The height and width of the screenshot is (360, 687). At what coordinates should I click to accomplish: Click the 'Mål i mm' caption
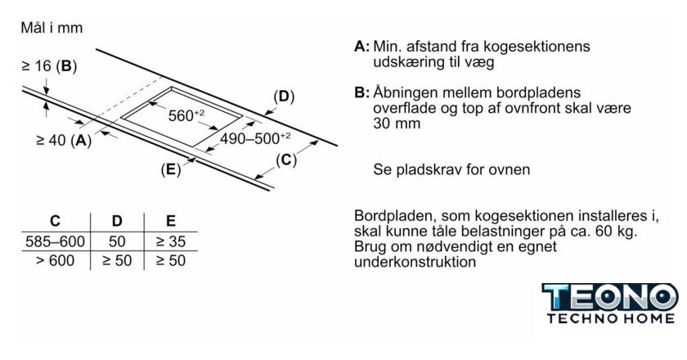[51, 28]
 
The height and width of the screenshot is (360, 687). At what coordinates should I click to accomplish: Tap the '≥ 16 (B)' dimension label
[49, 66]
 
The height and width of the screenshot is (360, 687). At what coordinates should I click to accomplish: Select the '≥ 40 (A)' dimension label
[64, 140]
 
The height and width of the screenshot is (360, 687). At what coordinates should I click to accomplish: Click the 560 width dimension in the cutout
[184, 115]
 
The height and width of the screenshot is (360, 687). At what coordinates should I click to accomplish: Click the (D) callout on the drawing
[283, 97]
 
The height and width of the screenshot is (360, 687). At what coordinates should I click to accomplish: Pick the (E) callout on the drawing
[171, 169]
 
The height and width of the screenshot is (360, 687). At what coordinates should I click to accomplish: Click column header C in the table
[55, 221]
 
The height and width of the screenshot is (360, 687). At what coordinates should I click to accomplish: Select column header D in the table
[116, 221]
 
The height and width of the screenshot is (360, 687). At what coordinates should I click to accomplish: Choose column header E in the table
[170, 221]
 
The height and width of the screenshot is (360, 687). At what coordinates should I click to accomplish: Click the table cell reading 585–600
[55, 241]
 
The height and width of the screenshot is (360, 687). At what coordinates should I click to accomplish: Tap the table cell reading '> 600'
[55, 260]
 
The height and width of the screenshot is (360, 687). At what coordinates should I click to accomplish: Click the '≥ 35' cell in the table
[170, 241]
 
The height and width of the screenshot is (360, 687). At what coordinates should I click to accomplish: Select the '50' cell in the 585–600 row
[116, 241]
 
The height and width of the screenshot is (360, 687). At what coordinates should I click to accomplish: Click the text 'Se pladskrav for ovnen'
[451, 169]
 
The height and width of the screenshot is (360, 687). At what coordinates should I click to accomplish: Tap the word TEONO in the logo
[609, 297]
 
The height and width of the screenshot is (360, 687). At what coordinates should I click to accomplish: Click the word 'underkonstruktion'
[415, 263]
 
